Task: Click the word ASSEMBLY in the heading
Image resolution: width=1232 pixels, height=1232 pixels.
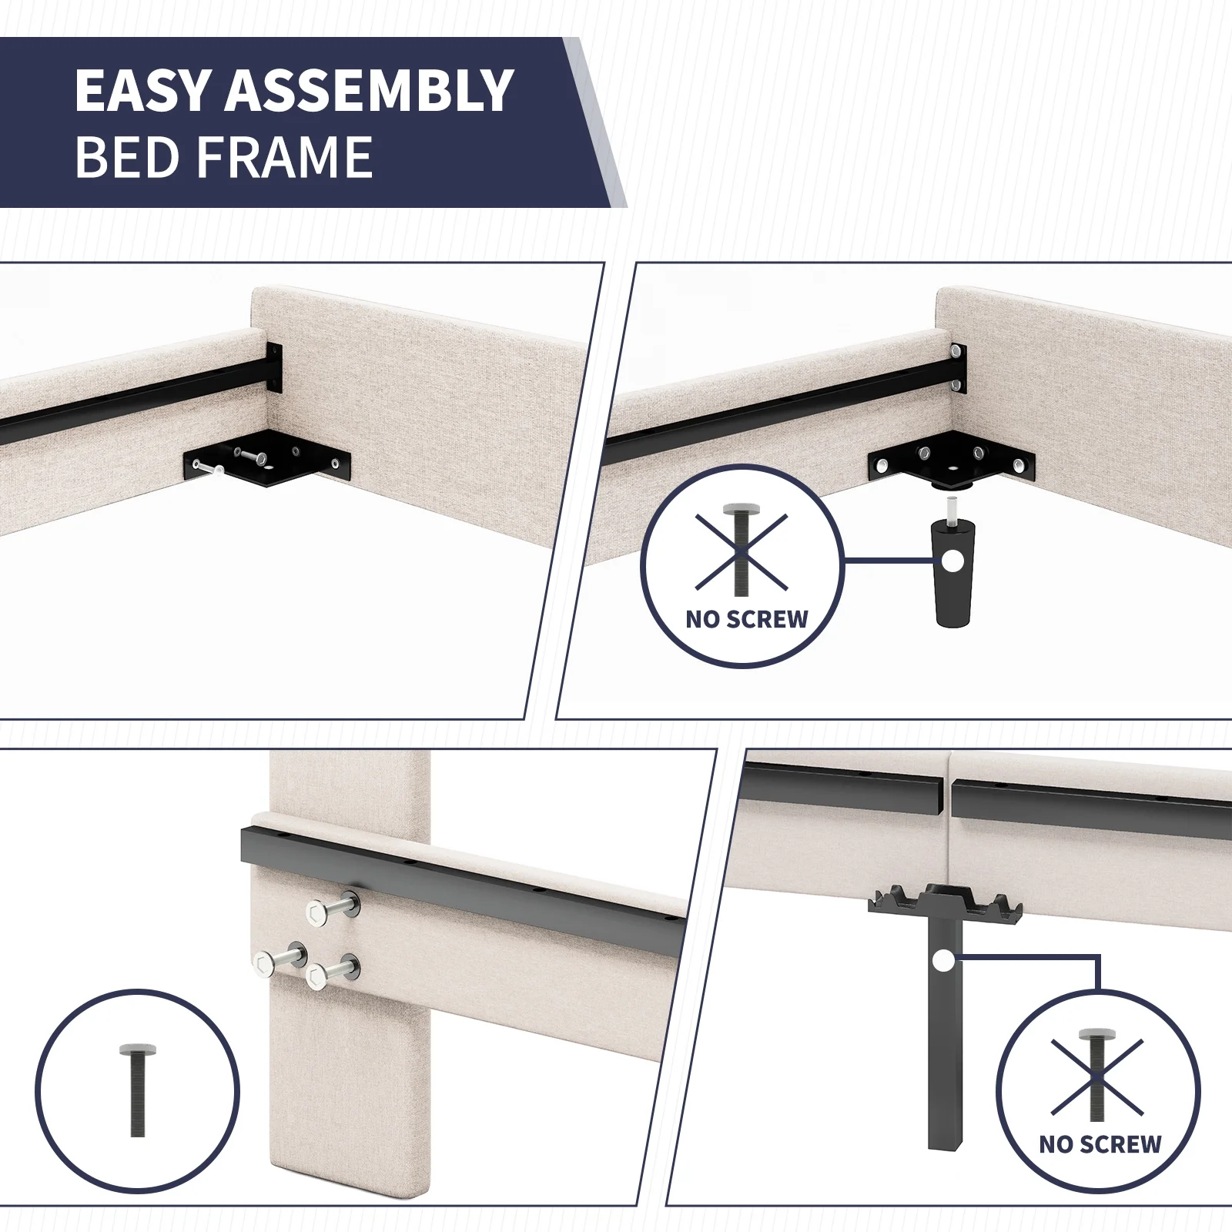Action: tap(369, 90)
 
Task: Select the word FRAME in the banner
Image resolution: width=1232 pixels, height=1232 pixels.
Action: tap(283, 157)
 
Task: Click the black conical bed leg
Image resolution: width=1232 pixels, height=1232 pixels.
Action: tap(952, 573)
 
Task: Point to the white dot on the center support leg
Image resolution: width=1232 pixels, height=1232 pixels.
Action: tap(942, 960)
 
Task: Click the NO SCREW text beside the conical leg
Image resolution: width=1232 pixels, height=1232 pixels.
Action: tap(747, 619)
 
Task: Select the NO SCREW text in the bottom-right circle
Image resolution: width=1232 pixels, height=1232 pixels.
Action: tap(1100, 1144)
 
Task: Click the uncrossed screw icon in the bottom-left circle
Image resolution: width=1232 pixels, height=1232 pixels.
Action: tap(132, 1091)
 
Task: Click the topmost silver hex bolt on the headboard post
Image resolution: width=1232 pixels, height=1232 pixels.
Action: tap(333, 908)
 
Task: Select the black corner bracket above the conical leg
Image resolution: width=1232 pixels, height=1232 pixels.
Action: tap(952, 464)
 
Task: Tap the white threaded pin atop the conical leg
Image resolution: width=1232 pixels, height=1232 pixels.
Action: tap(952, 509)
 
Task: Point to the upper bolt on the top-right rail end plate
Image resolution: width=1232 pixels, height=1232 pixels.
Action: tap(956, 353)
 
